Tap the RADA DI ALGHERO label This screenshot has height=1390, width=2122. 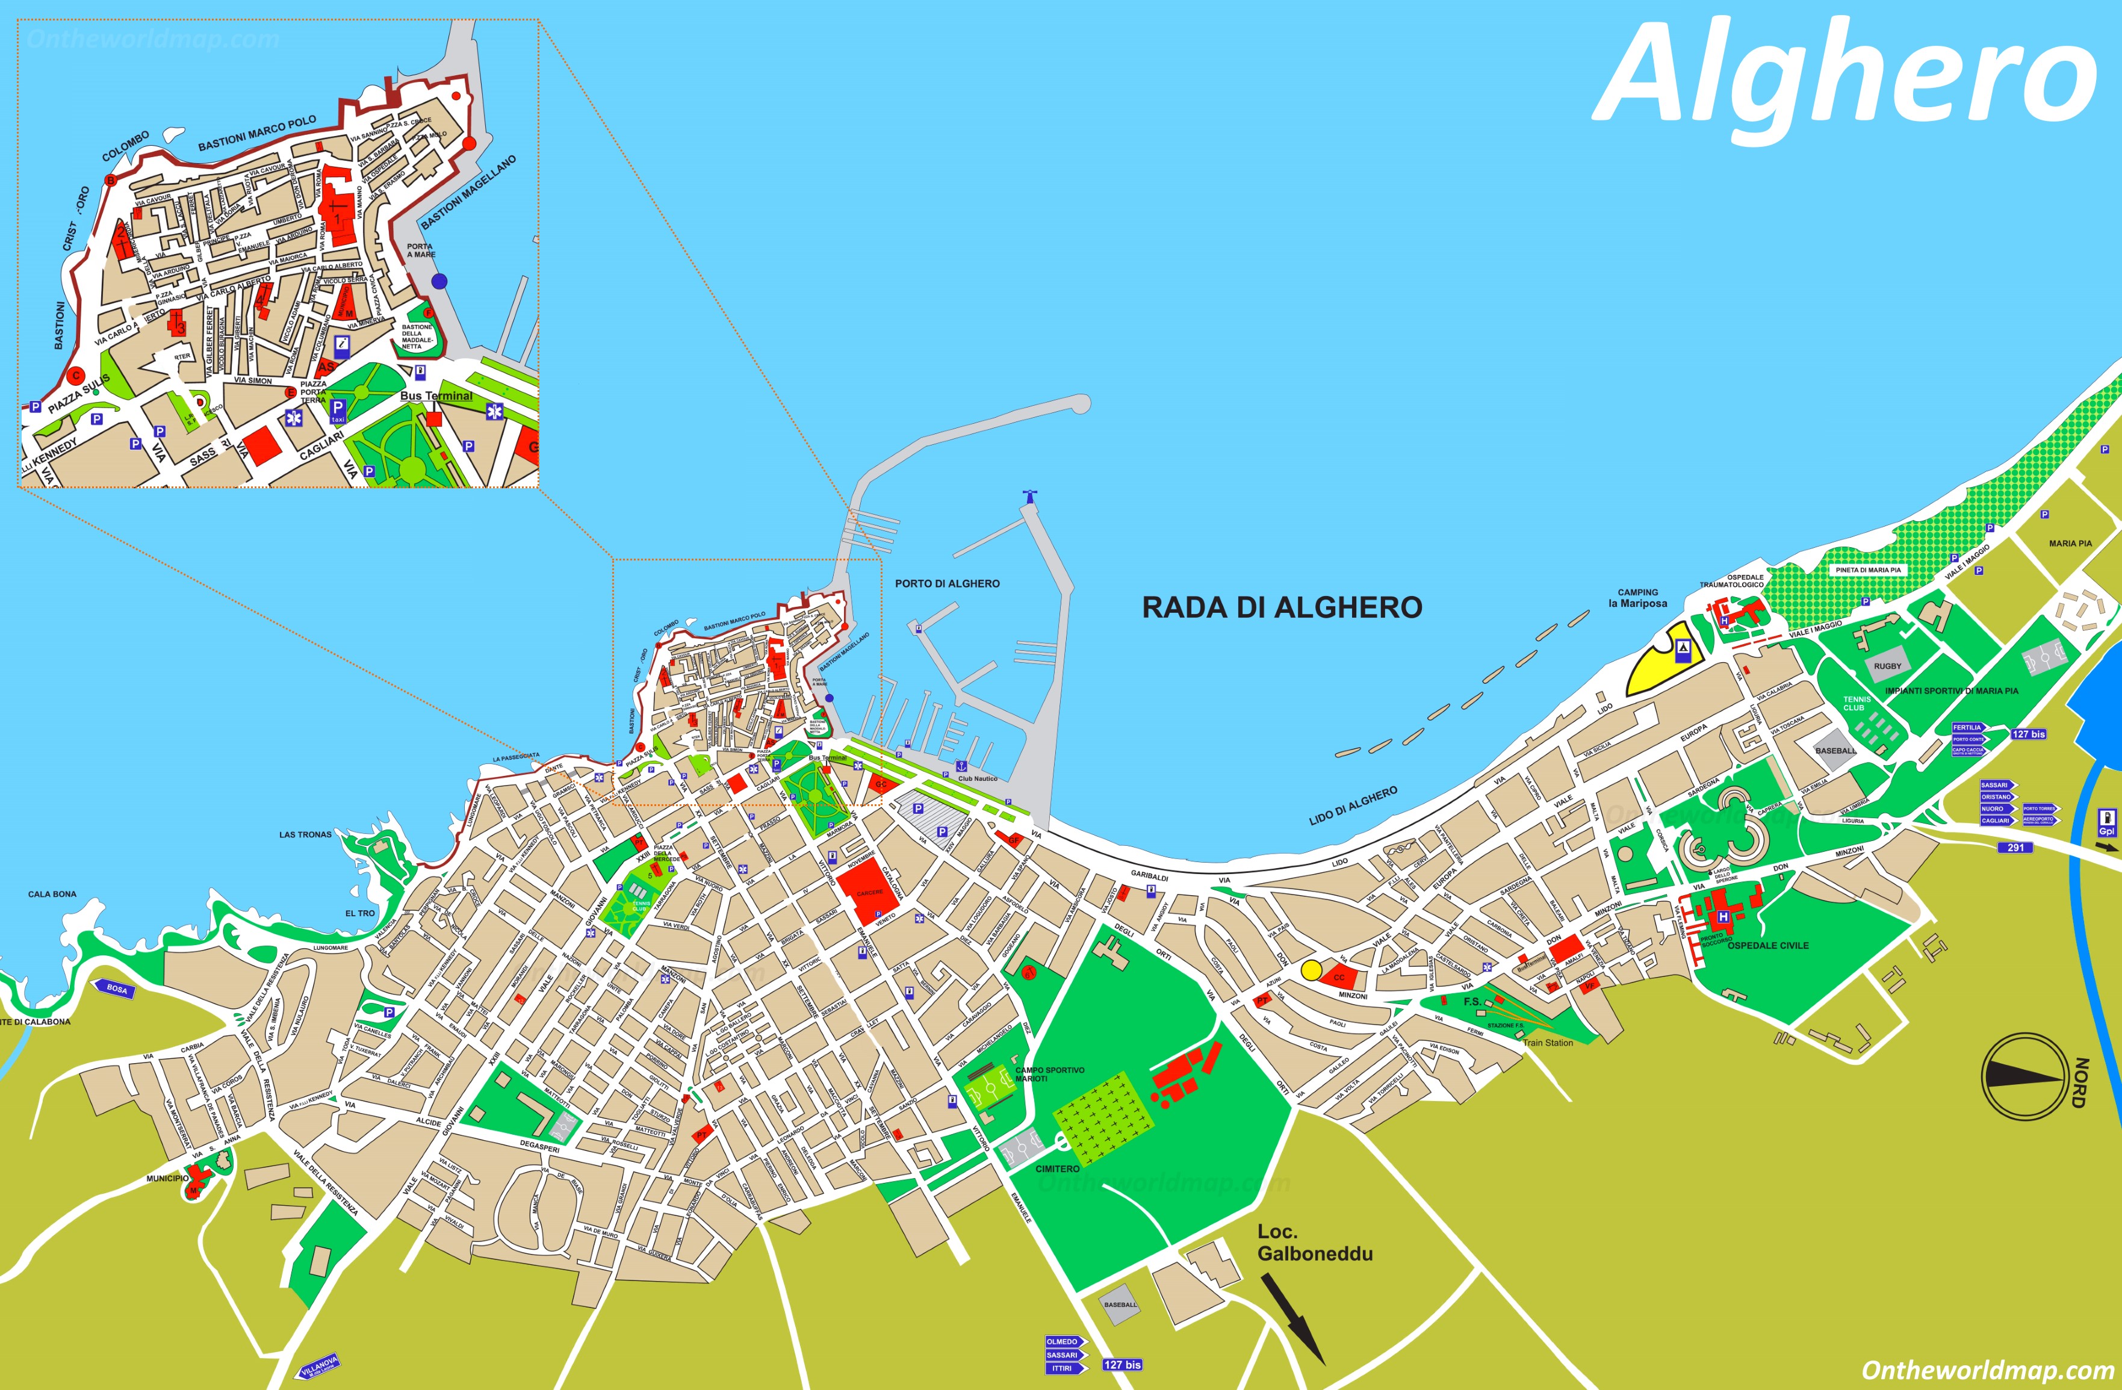(x=1282, y=607)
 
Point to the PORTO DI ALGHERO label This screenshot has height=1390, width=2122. (x=947, y=583)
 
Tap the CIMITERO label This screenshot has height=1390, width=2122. (x=1058, y=1168)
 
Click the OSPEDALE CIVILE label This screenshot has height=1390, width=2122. (x=1768, y=945)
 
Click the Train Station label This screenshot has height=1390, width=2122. (x=1548, y=1042)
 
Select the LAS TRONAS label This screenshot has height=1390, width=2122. (x=305, y=834)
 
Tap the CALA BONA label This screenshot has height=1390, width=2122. (x=52, y=893)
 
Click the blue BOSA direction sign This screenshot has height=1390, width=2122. (x=117, y=990)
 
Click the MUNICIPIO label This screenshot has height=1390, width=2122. (x=167, y=1178)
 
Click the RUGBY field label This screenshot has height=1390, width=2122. (x=1887, y=666)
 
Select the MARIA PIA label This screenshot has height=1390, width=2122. (x=2070, y=543)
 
